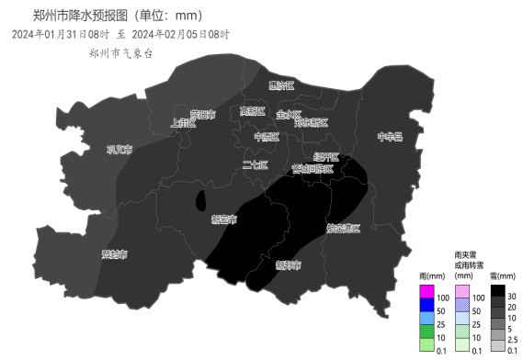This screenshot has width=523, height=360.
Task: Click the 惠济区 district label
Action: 280,86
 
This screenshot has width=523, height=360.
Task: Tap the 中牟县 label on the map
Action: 390,137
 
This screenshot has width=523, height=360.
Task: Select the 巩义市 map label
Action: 119,149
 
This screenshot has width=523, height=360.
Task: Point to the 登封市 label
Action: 114,254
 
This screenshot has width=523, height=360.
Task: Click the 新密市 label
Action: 223,220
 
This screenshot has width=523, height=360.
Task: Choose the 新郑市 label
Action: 288,265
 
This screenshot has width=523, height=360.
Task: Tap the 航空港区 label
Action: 343,228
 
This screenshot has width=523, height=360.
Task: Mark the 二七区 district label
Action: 255,165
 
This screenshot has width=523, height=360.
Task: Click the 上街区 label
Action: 184,122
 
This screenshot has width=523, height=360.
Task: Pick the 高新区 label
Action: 252,112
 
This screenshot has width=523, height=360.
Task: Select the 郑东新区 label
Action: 311,122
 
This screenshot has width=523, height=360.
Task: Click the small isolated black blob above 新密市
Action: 200,202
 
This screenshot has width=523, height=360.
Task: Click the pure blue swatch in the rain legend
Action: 426,305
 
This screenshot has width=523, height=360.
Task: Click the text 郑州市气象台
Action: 115,53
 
